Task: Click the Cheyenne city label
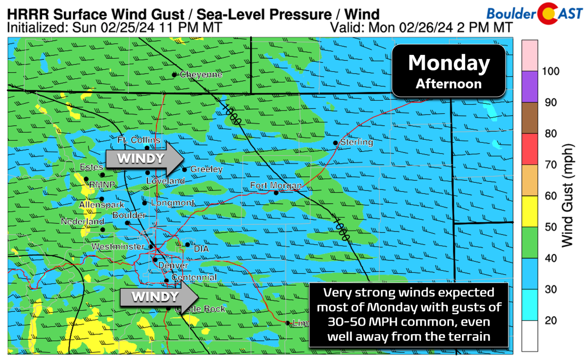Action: (201, 75)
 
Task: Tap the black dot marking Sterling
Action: (335, 143)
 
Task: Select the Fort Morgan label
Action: (275, 185)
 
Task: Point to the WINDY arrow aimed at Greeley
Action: (144, 159)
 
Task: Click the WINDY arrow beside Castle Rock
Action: (158, 297)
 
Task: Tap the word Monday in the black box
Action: (449, 63)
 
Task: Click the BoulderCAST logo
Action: (534, 14)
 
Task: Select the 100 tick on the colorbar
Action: (551, 71)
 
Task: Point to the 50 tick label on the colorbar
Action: (551, 227)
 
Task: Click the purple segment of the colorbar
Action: (530, 87)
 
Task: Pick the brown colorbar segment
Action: (530, 118)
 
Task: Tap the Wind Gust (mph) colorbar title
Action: (567, 195)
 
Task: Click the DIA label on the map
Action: (201, 249)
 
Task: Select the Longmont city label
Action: (172, 203)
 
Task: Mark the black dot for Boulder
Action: (127, 223)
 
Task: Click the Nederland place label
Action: (82, 222)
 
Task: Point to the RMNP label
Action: (102, 185)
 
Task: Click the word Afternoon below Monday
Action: (449, 84)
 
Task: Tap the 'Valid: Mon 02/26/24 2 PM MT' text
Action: (421, 27)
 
